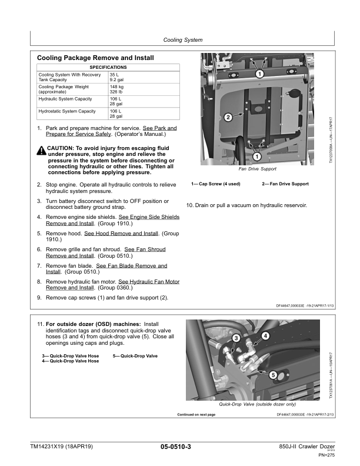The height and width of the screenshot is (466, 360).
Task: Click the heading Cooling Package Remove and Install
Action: [95, 58]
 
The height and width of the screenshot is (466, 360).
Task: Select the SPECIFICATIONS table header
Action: [108, 68]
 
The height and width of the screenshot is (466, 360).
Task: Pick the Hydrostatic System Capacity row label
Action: [67, 111]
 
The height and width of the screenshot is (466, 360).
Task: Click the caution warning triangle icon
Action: [41, 151]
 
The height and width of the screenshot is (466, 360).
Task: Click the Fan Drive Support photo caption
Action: [257, 169]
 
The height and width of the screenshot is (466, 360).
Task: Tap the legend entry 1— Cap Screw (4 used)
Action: [215, 184]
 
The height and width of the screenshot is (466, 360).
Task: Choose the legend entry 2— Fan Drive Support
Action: [285, 184]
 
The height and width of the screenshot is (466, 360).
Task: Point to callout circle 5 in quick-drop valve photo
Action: [274, 374]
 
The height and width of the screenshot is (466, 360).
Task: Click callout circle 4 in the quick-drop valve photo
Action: [265, 335]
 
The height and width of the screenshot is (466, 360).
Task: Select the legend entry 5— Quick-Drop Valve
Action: [135, 356]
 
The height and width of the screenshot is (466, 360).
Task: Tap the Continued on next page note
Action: [196, 415]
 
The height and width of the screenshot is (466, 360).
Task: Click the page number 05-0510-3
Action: [175, 448]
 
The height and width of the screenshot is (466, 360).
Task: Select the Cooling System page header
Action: [182, 40]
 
